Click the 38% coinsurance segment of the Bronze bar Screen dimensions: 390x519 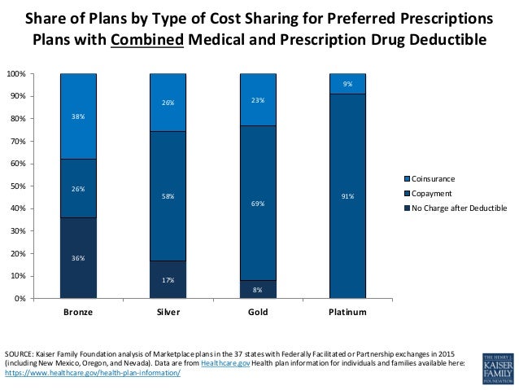(79, 116)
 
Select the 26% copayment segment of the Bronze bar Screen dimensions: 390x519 (79, 189)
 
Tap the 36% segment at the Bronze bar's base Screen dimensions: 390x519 (79, 258)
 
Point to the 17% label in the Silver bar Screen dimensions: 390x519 (168, 280)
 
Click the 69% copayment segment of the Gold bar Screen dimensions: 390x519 (258, 204)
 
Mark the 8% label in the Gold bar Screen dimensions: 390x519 (258, 289)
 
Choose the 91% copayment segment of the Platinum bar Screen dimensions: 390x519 (347, 196)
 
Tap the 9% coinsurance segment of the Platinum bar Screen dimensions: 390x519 (347, 84)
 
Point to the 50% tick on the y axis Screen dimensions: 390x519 (17, 186)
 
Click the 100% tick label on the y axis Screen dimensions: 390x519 (15, 74)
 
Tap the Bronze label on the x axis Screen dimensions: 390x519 (79, 313)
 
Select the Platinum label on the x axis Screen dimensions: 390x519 (347, 313)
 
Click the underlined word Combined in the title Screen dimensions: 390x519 (150, 39)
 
